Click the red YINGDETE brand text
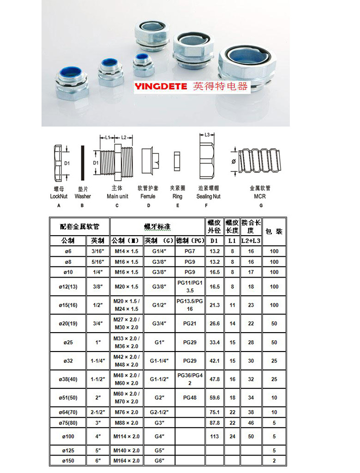pos(161,86)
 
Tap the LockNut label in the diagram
pos(58,196)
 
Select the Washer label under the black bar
pos(83,196)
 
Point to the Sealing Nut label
pos(209,196)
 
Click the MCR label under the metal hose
pos(260,196)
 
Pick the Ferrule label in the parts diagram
pos(148,196)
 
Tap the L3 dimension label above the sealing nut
pos(207,134)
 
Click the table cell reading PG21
pos(190,324)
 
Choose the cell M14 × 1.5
pos(126,251)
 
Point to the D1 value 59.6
pos(215,397)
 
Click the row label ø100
pos(68,436)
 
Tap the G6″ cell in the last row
pos(159,461)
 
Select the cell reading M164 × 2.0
pos(126,461)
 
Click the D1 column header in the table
pos(214,241)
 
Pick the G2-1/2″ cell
pos(159,412)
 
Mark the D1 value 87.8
pos(215,423)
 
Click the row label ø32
pos(68,361)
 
